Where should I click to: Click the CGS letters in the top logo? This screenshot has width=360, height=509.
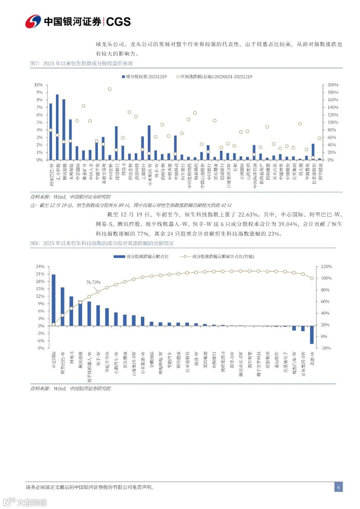click(118, 22)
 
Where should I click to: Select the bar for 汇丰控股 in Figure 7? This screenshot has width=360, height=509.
click(57, 127)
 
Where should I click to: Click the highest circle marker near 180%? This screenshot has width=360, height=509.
click(110, 89)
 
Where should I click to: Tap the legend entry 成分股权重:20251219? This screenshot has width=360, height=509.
click(144, 77)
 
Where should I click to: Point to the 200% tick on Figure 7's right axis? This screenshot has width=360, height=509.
click(333, 85)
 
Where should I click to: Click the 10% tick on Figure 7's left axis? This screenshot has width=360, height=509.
click(38, 85)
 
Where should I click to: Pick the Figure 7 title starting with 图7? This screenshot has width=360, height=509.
click(81, 63)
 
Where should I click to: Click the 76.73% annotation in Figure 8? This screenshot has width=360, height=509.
click(93, 282)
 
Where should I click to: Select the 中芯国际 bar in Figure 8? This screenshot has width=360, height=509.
click(54, 300)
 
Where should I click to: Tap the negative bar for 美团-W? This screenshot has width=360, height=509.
click(312, 335)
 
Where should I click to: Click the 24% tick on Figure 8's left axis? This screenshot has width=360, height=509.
click(40, 267)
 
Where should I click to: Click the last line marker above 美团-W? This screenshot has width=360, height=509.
click(312, 278)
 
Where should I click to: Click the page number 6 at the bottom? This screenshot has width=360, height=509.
click(338, 487)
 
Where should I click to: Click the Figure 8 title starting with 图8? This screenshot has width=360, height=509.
click(102, 243)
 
